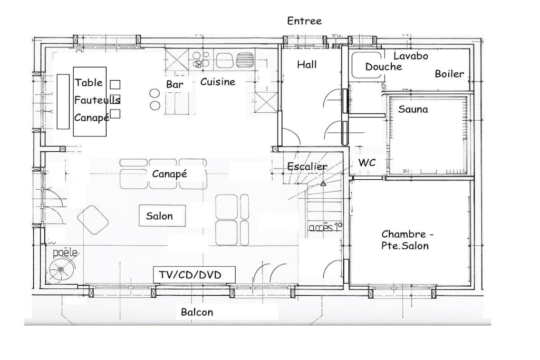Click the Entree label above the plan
304,21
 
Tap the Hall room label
307,64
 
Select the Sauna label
413,110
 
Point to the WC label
367,162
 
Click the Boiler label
449,74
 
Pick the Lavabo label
411,56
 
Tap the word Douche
384,67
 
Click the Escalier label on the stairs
307,167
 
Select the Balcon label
197,312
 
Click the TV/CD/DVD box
194,275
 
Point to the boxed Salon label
162,216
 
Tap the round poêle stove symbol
61,269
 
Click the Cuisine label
218,82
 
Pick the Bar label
175,84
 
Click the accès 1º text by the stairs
325,228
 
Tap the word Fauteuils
97,100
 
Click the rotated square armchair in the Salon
93,220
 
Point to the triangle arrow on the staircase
323,184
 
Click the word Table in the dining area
89,83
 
